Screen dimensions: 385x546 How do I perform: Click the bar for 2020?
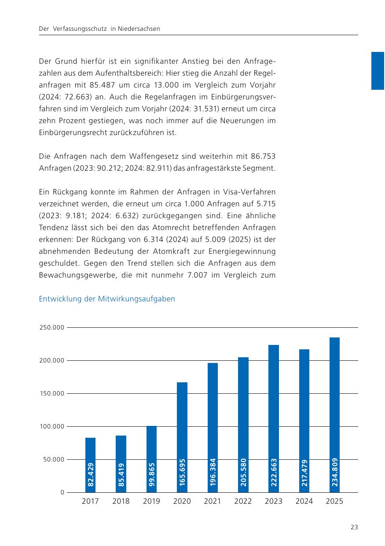[182, 437]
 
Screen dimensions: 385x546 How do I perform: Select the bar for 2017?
[90, 465]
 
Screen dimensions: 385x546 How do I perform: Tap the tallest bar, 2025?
[334, 414]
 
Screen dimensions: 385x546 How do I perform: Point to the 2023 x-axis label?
[274, 501]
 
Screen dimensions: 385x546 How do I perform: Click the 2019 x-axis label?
[151, 501]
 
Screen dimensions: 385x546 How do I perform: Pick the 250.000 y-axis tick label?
[51, 327]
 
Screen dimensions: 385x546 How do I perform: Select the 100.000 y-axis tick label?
[51, 426]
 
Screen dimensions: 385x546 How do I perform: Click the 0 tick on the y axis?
[62, 492]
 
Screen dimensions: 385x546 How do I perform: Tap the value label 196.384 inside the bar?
[213, 472]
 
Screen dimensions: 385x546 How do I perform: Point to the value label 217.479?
[304, 473]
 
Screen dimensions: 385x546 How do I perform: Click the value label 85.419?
[121, 475]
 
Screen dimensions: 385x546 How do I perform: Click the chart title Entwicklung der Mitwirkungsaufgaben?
[107, 299]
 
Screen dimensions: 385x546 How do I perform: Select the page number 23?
[354, 527]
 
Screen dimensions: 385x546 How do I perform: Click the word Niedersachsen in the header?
[139, 29]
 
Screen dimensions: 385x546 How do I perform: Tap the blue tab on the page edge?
[378, 71]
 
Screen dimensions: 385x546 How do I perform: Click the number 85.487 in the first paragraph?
[102, 85]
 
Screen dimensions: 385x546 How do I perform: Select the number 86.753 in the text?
[263, 156]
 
